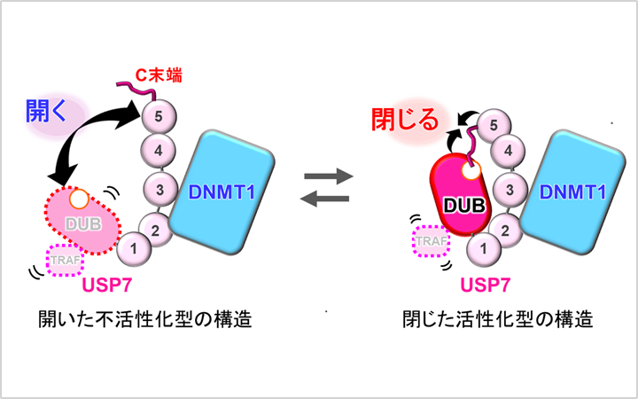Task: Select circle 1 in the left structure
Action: tap(131, 248)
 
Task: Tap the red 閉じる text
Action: tap(403, 120)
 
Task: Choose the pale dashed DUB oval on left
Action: tap(82, 216)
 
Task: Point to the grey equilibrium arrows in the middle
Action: tap(328, 187)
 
